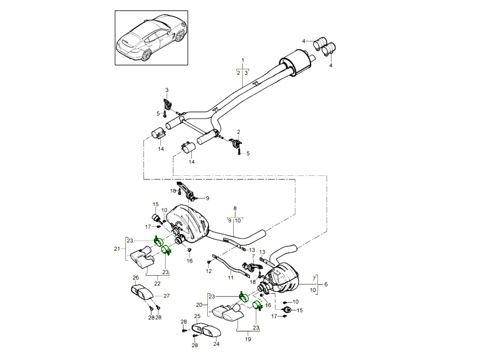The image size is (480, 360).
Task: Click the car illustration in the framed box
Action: pyautogui.click(x=151, y=38)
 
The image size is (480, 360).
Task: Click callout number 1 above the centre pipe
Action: pyautogui.click(x=242, y=60)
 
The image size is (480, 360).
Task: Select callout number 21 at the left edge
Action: pyautogui.click(x=117, y=248)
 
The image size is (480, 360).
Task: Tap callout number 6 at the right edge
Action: pyautogui.click(x=326, y=284)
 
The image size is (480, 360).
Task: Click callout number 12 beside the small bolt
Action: pyautogui.click(x=208, y=271)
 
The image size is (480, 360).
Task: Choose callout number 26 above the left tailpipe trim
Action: pyautogui.click(x=136, y=278)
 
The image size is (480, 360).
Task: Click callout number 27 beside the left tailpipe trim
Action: pyautogui.click(x=167, y=296)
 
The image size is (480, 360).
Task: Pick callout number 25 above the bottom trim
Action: pyautogui.click(x=197, y=316)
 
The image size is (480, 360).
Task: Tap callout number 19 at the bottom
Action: pyautogui.click(x=248, y=339)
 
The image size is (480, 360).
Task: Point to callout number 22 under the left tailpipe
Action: pyautogui.click(x=158, y=283)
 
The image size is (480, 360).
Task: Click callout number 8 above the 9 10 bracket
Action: pyautogui.click(x=235, y=208)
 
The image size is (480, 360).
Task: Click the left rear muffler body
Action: pyautogui.click(x=188, y=224)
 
